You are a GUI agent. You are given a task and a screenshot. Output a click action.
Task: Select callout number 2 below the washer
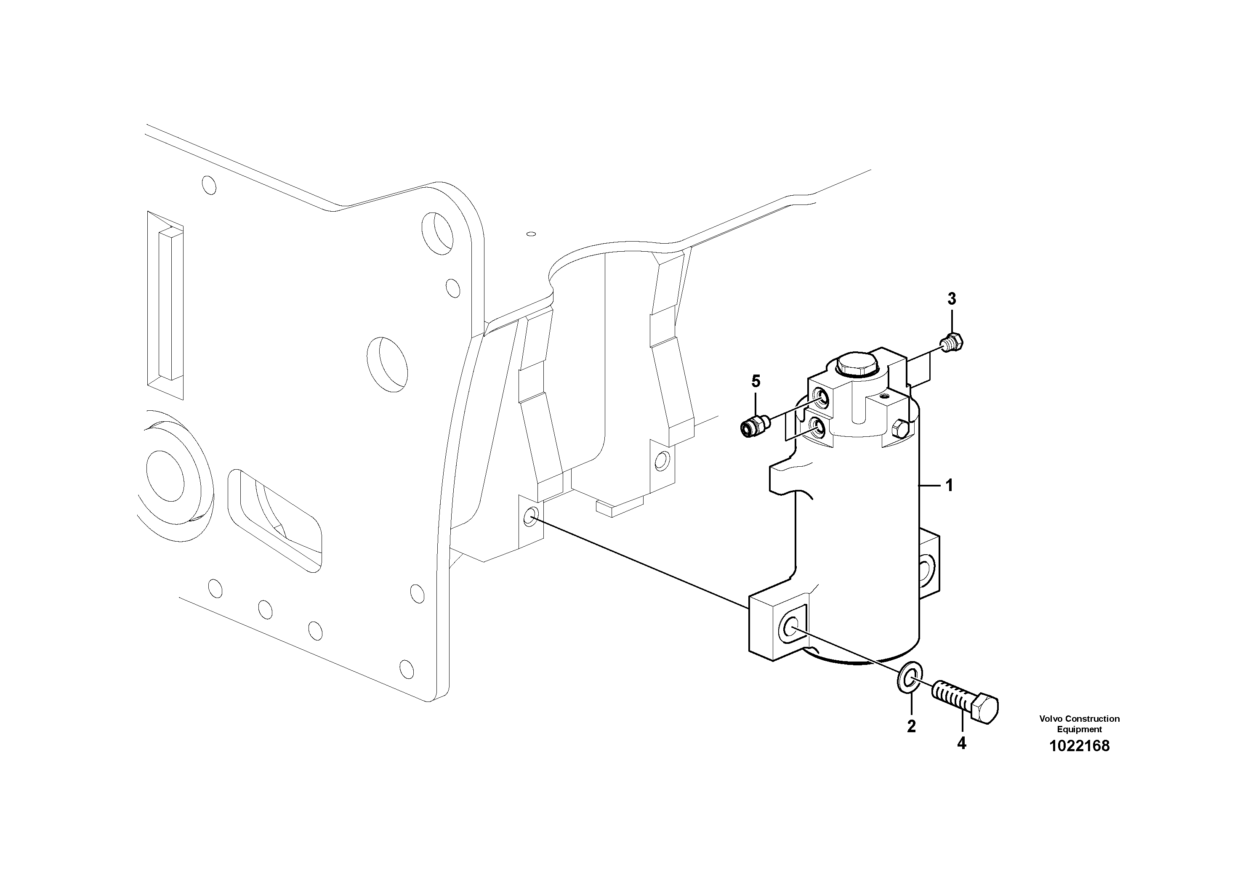pyautogui.click(x=911, y=726)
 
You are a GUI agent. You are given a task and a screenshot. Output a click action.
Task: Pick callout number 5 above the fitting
pyautogui.click(x=756, y=381)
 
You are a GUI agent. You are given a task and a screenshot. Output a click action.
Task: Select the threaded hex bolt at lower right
pyautogui.click(x=966, y=701)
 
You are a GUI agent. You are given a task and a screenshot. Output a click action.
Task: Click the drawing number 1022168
pyautogui.click(x=1079, y=746)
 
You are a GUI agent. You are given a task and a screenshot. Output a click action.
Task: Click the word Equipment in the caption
pyautogui.click(x=1079, y=729)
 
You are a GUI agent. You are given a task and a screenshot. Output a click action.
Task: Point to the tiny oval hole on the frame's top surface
pyautogui.click(x=530, y=234)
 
